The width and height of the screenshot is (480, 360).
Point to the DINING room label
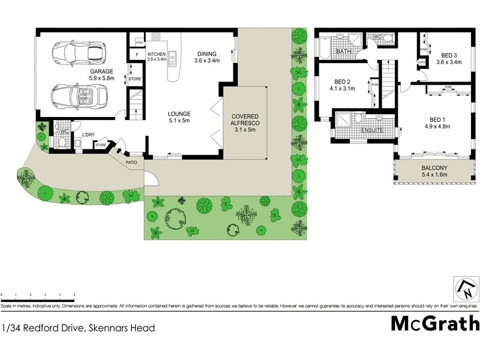pos(209,54)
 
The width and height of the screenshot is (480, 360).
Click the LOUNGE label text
pos(179,114)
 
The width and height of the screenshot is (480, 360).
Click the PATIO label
pos(133,162)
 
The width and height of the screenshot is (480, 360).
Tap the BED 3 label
pos(449,55)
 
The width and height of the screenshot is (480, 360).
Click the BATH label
pos(344,52)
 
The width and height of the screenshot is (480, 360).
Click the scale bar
pos(38,295)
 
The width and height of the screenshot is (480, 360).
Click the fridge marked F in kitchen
pos(137,55)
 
